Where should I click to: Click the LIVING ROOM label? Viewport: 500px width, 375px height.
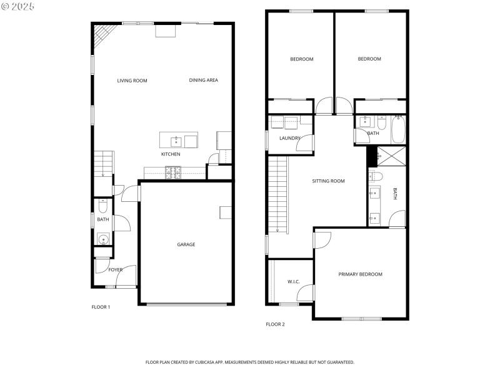coord(132,81)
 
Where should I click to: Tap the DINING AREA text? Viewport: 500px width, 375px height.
coord(203,81)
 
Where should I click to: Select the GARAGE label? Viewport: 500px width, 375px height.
coord(186,244)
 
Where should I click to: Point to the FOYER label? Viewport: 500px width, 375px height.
coord(116,270)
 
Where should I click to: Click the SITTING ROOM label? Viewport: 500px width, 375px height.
coord(328,181)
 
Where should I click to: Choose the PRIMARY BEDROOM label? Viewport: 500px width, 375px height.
coord(360,274)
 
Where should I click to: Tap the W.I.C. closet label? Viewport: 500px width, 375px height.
coord(293,282)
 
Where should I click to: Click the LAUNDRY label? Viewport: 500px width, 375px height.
coord(290,138)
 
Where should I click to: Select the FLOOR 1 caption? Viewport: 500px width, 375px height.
coord(101,307)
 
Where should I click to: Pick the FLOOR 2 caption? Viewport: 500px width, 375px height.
coord(275,324)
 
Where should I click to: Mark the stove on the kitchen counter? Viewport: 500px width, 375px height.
coord(172,170)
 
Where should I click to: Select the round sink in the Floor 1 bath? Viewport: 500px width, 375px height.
coord(102,238)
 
